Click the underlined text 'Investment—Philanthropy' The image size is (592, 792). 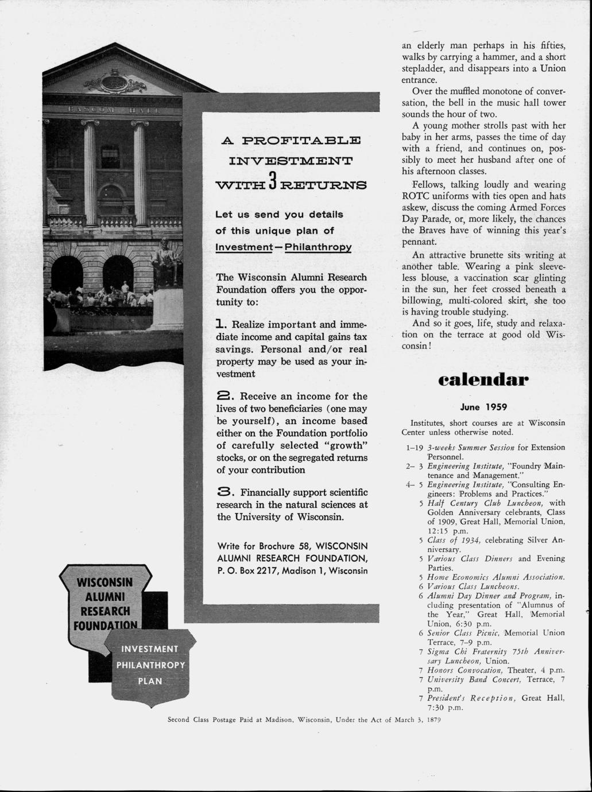(284, 247)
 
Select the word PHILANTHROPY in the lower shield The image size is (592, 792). (150, 666)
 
